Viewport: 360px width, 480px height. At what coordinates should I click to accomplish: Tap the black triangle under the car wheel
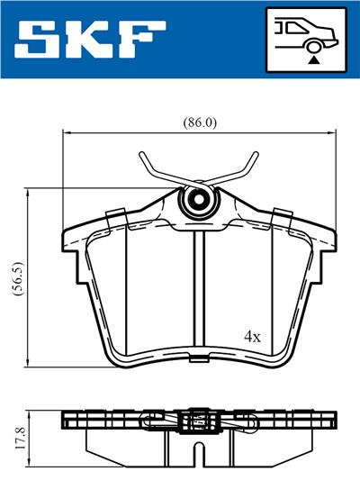pyautogui.click(x=314, y=60)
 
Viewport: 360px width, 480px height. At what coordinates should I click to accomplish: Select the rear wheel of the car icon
pyautogui.click(x=314, y=47)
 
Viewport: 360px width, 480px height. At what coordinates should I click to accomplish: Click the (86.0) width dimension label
pyautogui.click(x=200, y=122)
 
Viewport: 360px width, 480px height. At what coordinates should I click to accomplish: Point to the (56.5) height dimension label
pyautogui.click(x=17, y=278)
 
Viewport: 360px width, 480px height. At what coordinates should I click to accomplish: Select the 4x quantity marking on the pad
pyautogui.click(x=252, y=337)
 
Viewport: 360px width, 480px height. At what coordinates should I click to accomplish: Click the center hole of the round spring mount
pyautogui.click(x=199, y=200)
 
